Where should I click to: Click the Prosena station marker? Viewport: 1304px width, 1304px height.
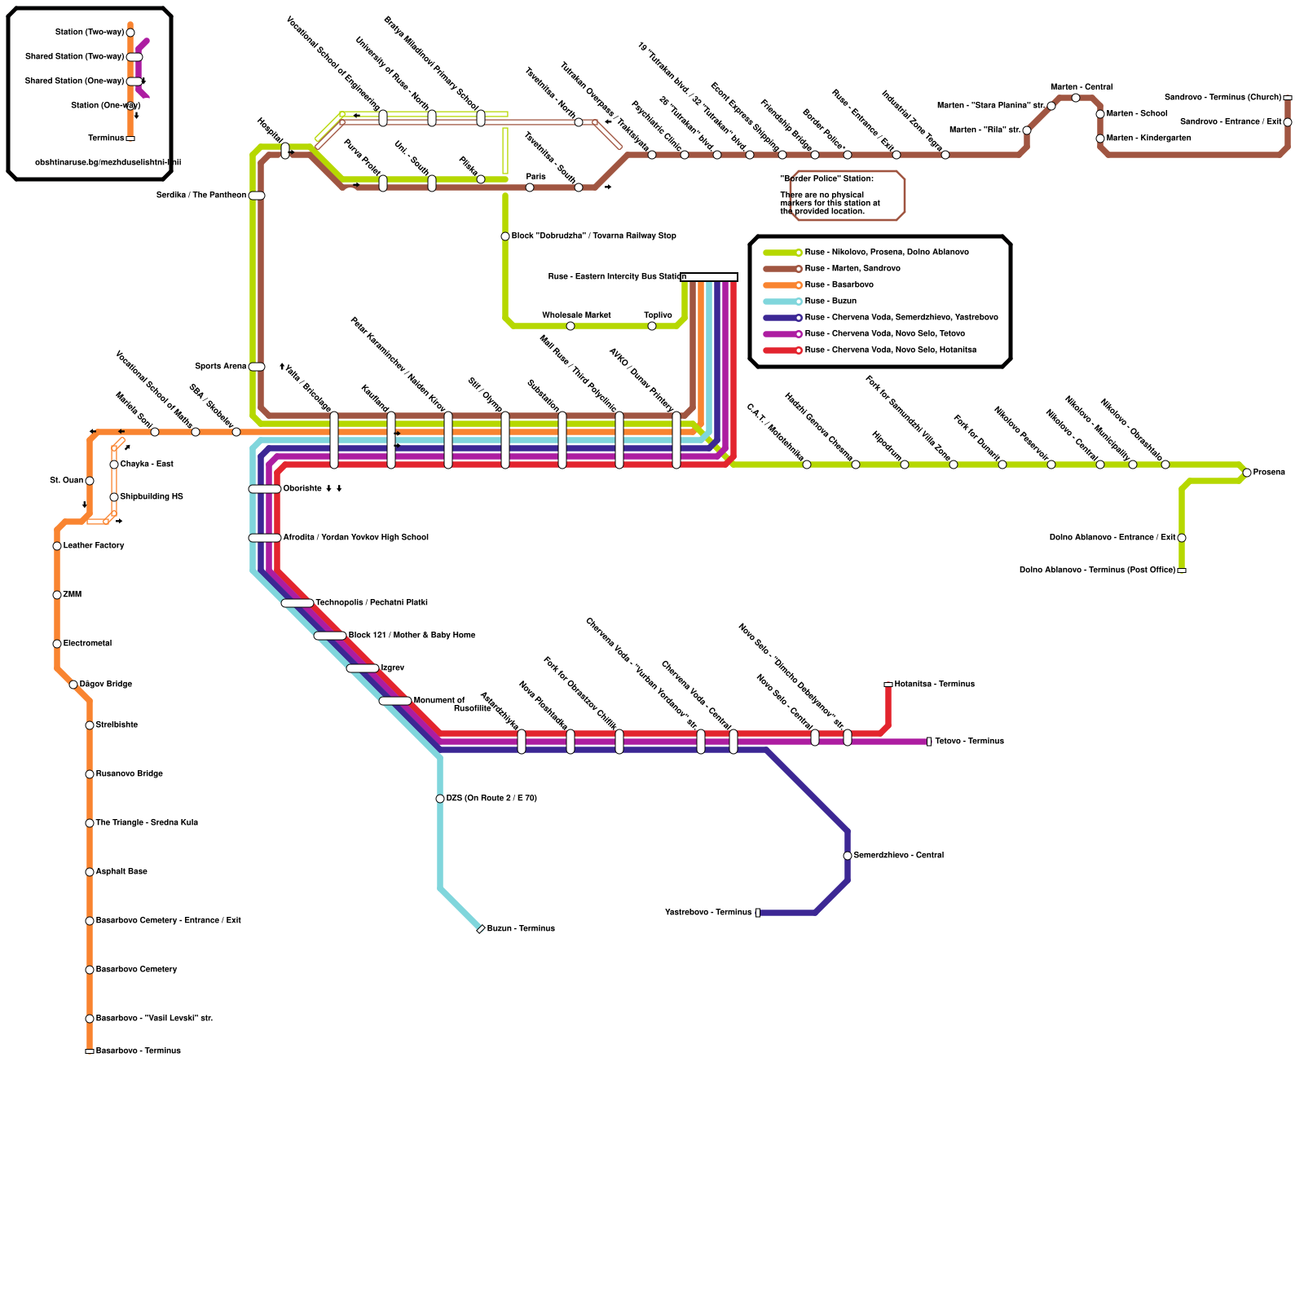coord(1247,473)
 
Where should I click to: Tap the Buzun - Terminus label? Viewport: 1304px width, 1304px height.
coord(521,929)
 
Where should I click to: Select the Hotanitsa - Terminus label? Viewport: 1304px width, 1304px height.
coord(934,685)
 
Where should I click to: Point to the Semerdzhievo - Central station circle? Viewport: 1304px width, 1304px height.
coord(848,856)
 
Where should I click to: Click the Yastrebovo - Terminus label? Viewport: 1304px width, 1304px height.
coord(708,913)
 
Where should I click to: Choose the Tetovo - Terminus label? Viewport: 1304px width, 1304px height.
coord(969,742)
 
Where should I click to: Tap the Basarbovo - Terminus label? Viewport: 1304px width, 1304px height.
coord(139,1051)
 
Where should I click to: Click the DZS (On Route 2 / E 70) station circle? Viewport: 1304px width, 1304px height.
coord(440,799)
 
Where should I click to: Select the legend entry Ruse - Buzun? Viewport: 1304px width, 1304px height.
coord(830,302)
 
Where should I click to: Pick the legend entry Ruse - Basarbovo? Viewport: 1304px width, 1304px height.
coord(839,285)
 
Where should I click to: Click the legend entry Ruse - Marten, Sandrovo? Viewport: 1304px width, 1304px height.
coord(852,269)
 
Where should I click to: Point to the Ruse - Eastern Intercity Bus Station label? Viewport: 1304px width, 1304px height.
coord(617,277)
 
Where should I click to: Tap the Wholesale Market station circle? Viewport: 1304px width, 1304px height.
coord(570,326)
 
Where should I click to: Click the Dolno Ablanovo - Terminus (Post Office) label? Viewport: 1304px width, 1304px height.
coord(1097,570)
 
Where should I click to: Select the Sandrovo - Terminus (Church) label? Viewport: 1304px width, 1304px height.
coord(1222,98)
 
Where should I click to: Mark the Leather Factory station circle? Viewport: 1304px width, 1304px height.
coord(57,546)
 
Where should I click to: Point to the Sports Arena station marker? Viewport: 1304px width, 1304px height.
coord(257,367)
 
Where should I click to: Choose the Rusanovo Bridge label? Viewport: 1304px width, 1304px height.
coord(130,774)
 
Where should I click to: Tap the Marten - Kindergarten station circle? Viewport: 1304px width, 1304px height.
coord(1100,139)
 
